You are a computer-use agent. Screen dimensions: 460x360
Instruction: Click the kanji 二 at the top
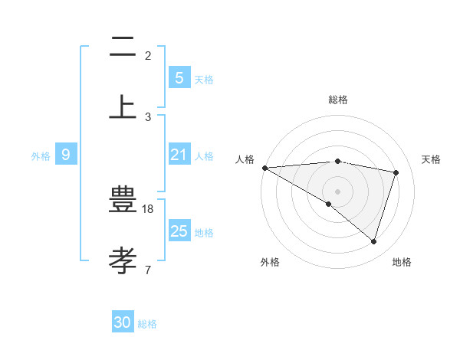tap(123, 47)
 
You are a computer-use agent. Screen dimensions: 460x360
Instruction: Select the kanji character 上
tap(123, 106)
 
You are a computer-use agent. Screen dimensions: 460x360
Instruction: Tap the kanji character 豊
tap(123, 201)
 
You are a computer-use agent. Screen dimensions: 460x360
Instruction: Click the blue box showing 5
tap(179, 77)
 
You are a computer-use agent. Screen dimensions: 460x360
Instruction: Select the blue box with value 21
tap(179, 155)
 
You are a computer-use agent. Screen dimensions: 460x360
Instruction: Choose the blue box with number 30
tap(123, 322)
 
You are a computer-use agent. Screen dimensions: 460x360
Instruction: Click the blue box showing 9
tap(66, 155)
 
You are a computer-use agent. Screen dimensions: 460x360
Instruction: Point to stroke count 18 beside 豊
tap(149, 208)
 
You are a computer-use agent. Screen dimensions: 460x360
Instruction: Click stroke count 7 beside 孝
tap(148, 270)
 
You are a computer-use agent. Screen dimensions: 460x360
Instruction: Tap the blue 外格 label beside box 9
tap(41, 155)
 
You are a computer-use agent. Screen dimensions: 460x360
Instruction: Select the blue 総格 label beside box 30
tap(147, 324)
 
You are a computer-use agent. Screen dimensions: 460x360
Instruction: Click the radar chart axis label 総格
tap(338, 100)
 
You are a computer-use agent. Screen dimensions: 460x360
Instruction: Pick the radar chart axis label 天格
tap(432, 159)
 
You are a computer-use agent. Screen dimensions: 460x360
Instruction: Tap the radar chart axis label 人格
tap(245, 159)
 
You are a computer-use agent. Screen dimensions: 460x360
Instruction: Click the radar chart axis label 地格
tap(402, 262)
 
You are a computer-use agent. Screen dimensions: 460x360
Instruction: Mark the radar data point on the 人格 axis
tap(264, 168)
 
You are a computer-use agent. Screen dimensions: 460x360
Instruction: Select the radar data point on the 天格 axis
tap(396, 172)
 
